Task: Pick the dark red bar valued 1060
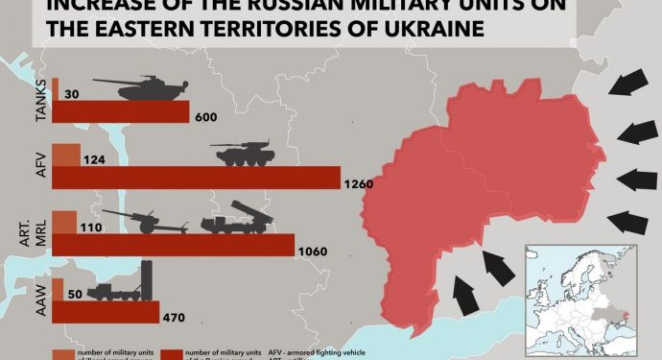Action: (x=173, y=246)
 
